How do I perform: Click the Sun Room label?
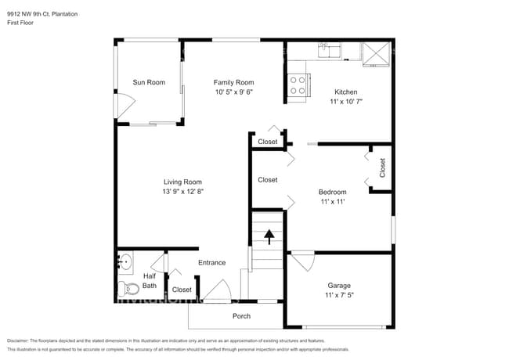(149, 82)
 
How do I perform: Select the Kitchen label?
(345, 92)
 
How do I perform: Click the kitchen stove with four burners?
(298, 85)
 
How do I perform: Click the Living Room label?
(182, 182)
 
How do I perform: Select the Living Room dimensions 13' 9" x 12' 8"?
(182, 192)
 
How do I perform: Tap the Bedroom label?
(332, 192)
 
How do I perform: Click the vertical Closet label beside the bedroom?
(382, 167)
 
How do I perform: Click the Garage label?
(340, 286)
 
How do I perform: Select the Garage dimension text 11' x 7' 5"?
(340, 296)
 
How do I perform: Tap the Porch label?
(242, 316)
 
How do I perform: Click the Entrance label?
(211, 263)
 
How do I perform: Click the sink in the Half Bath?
(125, 261)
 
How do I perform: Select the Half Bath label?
(150, 281)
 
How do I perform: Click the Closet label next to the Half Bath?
(182, 290)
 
